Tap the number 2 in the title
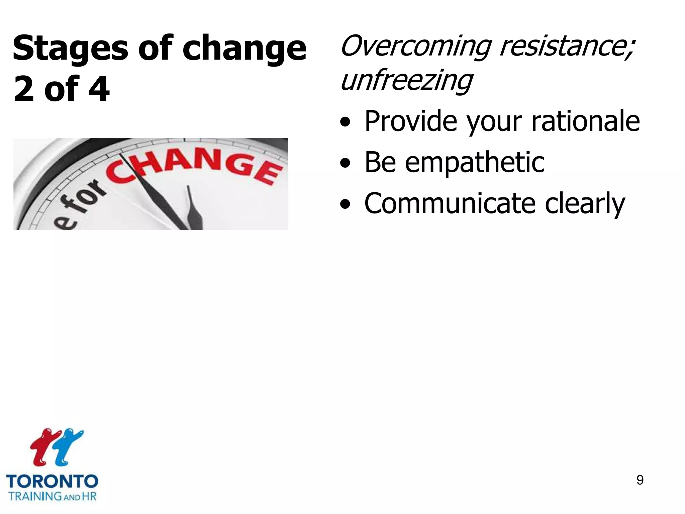click(x=24, y=89)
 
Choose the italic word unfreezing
click(x=406, y=81)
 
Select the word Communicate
click(x=450, y=203)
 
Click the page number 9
click(x=640, y=480)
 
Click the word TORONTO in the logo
click(x=52, y=482)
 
